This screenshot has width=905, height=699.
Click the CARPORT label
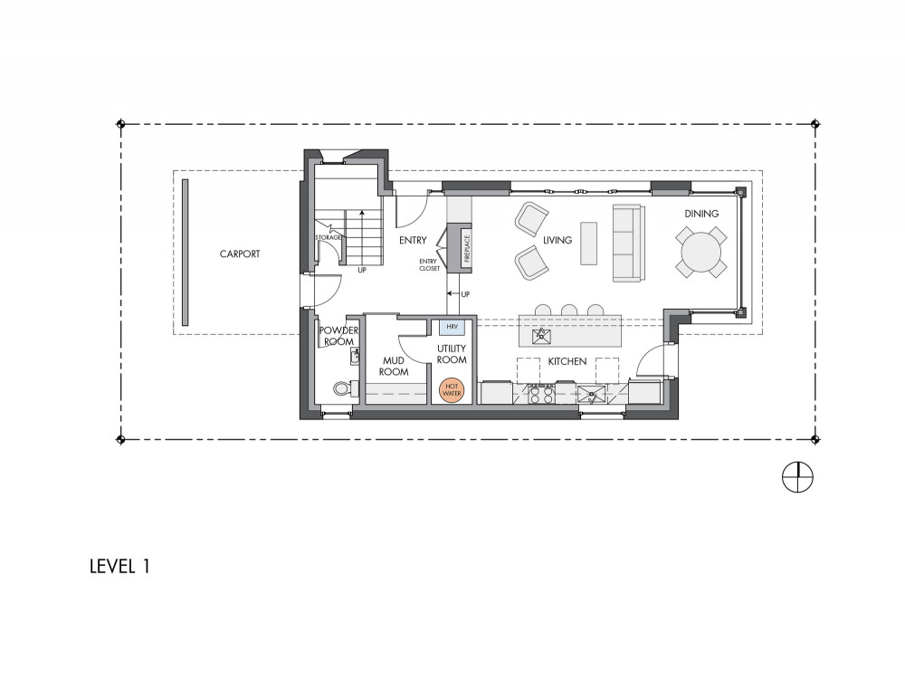click(x=240, y=254)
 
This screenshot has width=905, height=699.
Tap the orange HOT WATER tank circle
click(x=452, y=390)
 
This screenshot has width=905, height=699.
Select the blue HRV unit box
click(x=452, y=327)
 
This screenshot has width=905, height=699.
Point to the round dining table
click(x=700, y=252)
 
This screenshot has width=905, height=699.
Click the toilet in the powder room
click(x=342, y=388)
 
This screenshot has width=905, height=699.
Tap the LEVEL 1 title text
click(x=120, y=566)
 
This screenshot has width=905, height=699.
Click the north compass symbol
click(x=797, y=477)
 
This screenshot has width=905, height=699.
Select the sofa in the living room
click(x=627, y=244)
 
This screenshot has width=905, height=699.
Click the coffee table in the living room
click(x=589, y=244)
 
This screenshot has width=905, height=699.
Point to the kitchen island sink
click(x=542, y=336)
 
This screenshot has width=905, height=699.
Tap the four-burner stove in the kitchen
click(x=542, y=394)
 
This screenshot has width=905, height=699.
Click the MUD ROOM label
click(x=394, y=367)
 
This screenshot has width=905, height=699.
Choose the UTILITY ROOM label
click(x=452, y=354)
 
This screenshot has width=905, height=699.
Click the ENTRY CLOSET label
click(x=429, y=265)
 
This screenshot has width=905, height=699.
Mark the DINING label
click(x=701, y=214)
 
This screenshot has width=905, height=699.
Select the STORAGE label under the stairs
click(x=328, y=237)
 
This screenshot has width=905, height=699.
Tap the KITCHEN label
click(x=567, y=361)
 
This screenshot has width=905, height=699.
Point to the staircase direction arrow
click(x=363, y=238)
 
